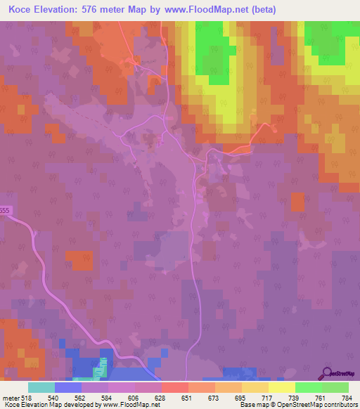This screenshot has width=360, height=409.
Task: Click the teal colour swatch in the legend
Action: (x=41, y=387)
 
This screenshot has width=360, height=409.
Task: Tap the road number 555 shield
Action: (x=6, y=220)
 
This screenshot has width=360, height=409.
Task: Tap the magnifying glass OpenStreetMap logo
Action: (x=328, y=373)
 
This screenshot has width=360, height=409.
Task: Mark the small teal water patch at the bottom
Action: (x=103, y=365)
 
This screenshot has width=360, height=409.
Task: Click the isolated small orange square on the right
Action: (x=298, y=202)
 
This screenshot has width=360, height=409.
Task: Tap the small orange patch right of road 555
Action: (x=78, y=261)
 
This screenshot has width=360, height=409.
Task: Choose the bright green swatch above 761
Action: (x=308, y=387)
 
